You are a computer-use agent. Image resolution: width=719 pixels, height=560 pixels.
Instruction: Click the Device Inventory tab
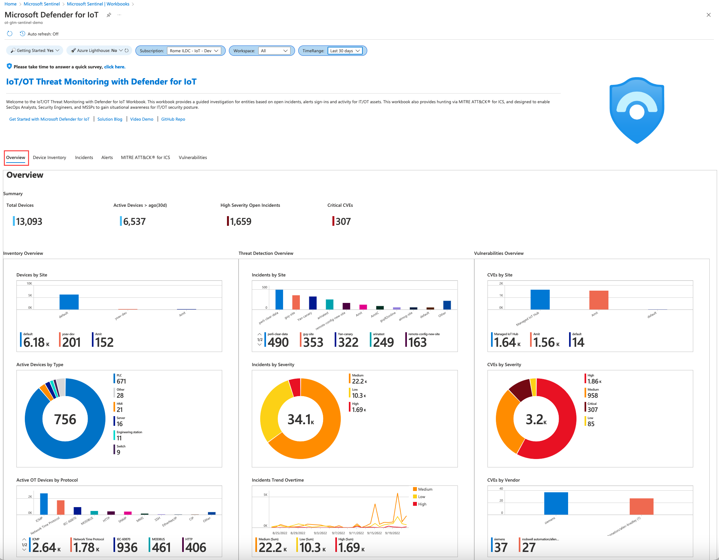[49, 157]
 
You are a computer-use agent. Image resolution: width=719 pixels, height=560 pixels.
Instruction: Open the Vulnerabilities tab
[192, 157]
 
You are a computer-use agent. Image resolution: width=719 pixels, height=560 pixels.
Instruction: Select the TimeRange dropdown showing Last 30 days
[345, 51]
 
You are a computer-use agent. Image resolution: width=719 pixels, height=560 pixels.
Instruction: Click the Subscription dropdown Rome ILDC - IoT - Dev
[194, 51]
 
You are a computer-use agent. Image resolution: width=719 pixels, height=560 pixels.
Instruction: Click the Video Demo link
[142, 119]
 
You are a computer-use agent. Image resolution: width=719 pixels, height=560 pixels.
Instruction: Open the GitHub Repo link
[173, 119]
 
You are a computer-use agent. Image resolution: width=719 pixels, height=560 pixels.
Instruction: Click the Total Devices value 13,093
[29, 221]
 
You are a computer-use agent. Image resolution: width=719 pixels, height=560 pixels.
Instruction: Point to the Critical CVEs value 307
[343, 221]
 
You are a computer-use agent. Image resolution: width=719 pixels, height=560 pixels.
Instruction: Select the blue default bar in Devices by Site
[69, 302]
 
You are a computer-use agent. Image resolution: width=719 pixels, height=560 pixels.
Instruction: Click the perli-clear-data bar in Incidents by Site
[279, 299]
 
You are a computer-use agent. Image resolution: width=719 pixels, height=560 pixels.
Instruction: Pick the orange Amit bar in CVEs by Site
[598, 300]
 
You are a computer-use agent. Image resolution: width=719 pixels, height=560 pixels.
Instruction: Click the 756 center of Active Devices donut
[65, 419]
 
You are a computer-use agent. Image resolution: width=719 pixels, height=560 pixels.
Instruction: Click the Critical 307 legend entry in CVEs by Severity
[592, 407]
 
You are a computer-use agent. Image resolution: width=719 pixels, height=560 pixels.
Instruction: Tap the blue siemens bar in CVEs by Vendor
[556, 503]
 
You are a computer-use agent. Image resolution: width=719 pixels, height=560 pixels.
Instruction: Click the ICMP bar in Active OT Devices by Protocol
[44, 504]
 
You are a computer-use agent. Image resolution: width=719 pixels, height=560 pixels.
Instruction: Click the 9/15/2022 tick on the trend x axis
[374, 533]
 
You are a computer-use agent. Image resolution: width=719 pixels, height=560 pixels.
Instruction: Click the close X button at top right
[708, 15]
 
